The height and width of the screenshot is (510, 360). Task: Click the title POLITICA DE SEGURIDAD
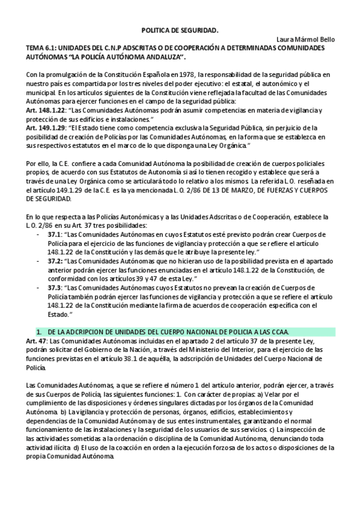(180, 29)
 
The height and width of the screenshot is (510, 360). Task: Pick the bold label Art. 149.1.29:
(46, 128)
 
